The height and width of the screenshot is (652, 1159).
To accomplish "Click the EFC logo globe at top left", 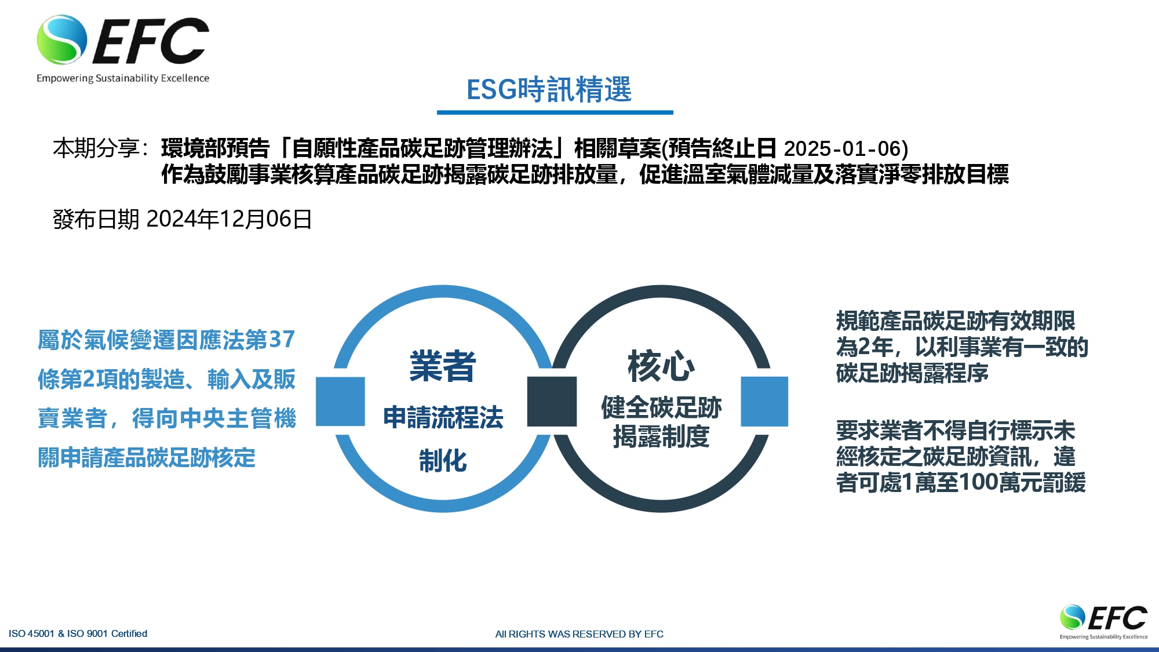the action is coord(61,39).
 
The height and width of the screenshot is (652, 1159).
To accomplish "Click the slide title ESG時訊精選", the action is coord(549,90).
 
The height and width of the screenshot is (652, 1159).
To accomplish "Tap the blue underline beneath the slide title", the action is coord(555,112).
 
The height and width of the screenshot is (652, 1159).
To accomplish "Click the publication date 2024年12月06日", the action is coord(229,219).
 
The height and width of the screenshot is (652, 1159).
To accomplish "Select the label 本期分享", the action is coord(96,148).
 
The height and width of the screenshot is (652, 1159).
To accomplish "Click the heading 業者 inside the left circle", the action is coord(443,366).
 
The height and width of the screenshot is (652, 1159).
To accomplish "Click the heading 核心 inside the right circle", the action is coord(661,366).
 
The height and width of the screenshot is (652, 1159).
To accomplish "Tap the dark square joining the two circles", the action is coord(552,401).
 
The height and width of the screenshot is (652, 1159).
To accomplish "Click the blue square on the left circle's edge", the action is coord(340,401).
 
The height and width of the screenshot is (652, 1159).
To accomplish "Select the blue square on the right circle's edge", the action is coord(764,401).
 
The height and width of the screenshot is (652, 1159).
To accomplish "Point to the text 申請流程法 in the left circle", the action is coord(443,417).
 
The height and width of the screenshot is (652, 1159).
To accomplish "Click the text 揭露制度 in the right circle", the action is coord(661,436).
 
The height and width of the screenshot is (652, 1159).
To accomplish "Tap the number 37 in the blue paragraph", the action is coord(282,340).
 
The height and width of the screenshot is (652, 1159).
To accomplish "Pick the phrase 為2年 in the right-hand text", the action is coord(865,347).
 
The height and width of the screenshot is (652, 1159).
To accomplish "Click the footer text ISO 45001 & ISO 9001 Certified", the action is coord(78,633).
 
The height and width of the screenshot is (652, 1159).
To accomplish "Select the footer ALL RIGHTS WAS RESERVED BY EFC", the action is coord(579,634).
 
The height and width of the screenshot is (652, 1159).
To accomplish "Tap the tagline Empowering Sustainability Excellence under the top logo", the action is coord(123,78).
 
